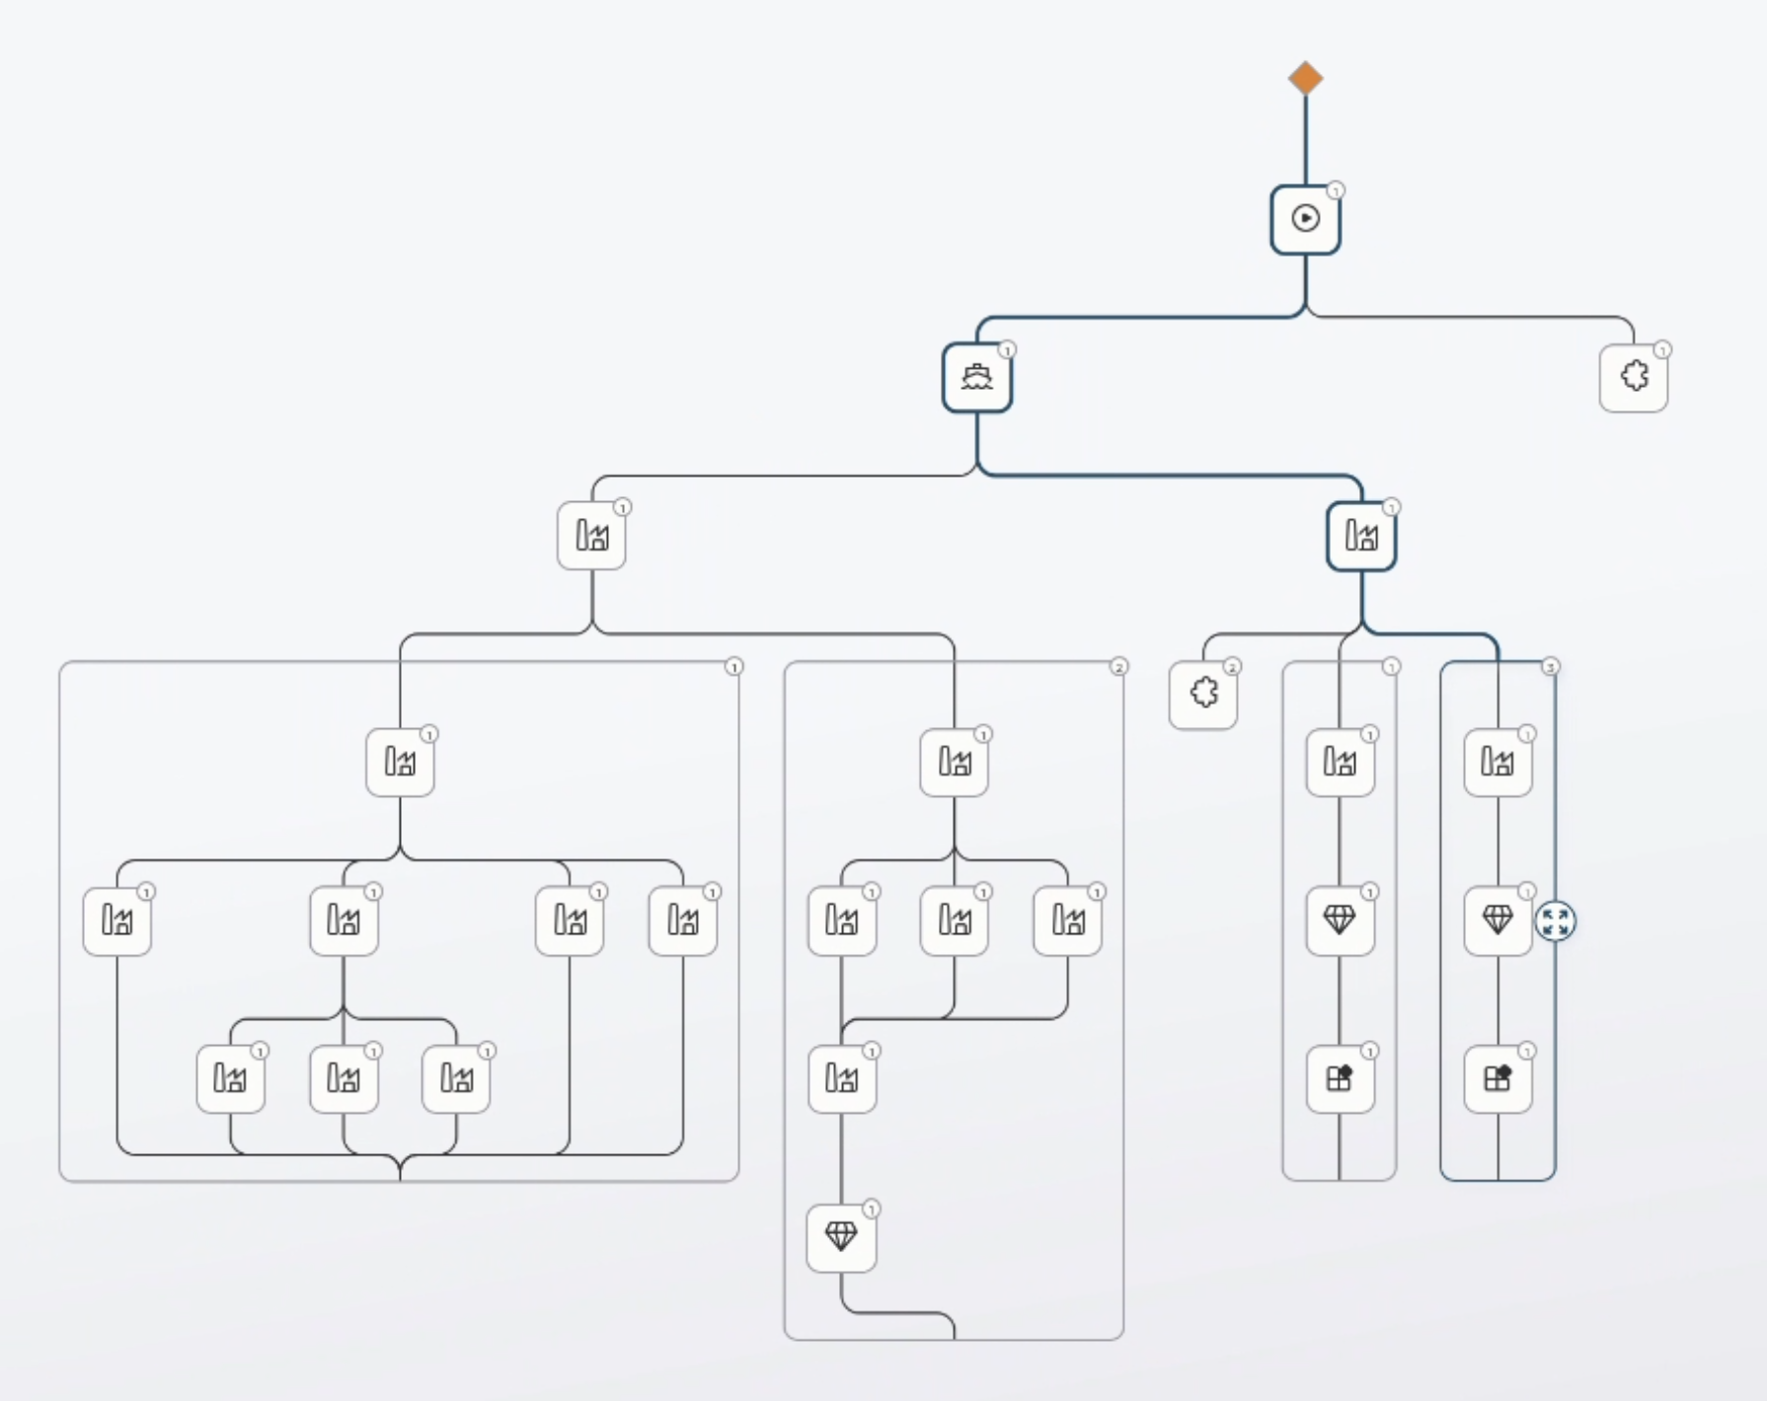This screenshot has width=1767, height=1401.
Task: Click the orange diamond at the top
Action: click(1305, 78)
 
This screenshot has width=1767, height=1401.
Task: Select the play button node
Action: click(1305, 219)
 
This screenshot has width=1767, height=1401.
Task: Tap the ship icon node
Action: click(976, 377)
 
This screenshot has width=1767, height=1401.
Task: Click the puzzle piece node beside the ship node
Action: click(1634, 377)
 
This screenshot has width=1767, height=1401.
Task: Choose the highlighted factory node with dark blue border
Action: click(1361, 536)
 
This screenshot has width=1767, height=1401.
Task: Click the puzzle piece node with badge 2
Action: click(1203, 694)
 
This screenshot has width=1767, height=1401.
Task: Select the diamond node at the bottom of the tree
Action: click(841, 1236)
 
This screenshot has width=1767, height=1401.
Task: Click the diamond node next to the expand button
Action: click(1498, 921)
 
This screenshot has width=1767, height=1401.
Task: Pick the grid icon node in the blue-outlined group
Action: click(1498, 1078)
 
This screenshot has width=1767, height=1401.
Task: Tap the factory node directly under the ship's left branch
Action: click(591, 536)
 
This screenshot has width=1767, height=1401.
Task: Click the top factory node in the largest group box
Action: click(400, 762)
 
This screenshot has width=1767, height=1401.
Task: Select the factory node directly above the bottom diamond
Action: click(841, 1078)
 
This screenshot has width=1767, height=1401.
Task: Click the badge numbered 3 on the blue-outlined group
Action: click(1551, 667)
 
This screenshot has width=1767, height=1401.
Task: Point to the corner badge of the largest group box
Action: click(733, 667)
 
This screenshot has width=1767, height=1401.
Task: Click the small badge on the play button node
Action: click(1335, 190)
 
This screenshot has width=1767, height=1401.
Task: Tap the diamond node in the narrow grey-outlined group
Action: click(1340, 921)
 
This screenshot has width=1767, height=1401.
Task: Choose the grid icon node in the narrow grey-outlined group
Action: click(1340, 1078)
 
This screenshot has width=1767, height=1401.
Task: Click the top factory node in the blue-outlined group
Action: click(1498, 762)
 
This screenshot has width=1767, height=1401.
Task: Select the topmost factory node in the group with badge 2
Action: click(954, 762)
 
